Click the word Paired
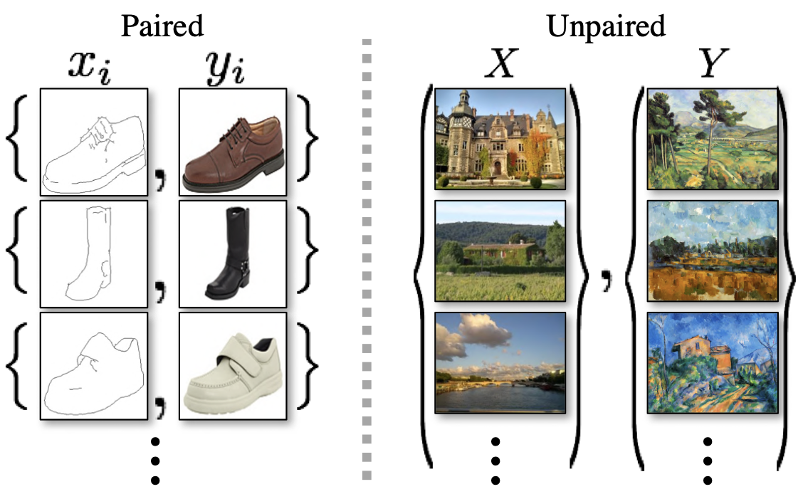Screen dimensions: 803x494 [162, 26]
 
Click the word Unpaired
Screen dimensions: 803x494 [606, 26]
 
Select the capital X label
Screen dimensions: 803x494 [501, 65]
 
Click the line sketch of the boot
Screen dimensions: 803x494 [94, 253]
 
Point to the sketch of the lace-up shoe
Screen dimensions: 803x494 [94, 141]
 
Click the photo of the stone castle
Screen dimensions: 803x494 [500, 139]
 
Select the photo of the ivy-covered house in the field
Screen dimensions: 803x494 [500, 251]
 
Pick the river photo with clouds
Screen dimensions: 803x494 [500, 362]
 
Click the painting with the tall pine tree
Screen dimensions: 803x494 [711, 139]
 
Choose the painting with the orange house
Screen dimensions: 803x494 [711, 362]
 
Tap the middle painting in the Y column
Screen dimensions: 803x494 [711, 251]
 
